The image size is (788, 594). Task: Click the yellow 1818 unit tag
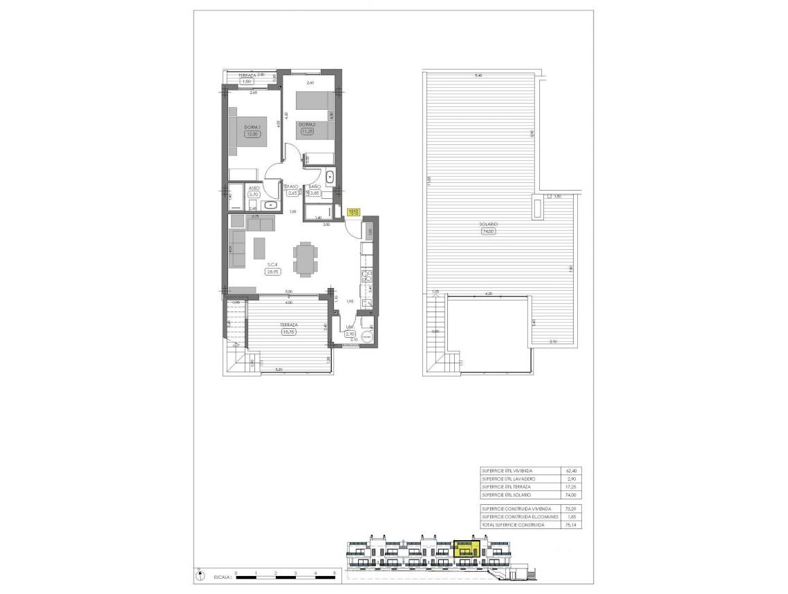pyautogui.click(x=353, y=213)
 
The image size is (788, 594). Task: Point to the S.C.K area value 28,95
pyautogui.click(x=272, y=272)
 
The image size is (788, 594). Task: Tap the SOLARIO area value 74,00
pyautogui.click(x=489, y=232)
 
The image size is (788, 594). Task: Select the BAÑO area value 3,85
pyautogui.click(x=315, y=193)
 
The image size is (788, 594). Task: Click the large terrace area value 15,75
pyautogui.click(x=288, y=332)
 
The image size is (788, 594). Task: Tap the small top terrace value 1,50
pyautogui.click(x=247, y=81)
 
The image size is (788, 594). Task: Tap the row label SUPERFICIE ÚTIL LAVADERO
pyautogui.click(x=508, y=479)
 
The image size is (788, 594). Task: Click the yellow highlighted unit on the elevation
pyautogui.click(x=466, y=548)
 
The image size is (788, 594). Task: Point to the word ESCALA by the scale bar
pyautogui.click(x=222, y=575)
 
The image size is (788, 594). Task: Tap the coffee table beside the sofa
pyautogui.click(x=259, y=248)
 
